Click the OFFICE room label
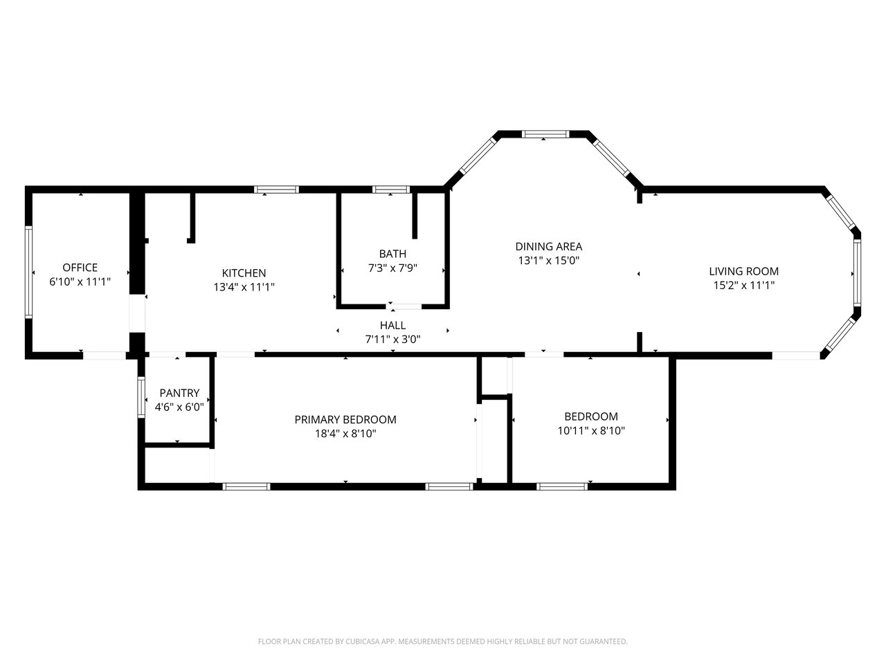click(x=80, y=267)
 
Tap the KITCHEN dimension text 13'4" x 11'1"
click(x=244, y=287)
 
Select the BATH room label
click(x=392, y=254)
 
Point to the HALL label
click(x=392, y=325)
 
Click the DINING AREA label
click(x=549, y=246)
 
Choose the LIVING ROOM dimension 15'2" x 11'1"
click(x=744, y=286)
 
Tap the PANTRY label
click(x=179, y=393)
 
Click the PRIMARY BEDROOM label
click(x=345, y=420)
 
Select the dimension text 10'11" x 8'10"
click(x=591, y=431)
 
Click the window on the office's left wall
click(x=28, y=272)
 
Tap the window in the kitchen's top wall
click(x=276, y=190)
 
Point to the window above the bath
click(x=390, y=190)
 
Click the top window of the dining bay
click(x=545, y=134)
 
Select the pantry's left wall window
click(x=141, y=397)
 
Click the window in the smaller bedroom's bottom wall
click(x=562, y=486)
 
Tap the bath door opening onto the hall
click(x=404, y=306)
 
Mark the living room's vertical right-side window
click(x=858, y=273)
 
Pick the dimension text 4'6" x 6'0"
click(x=179, y=407)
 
